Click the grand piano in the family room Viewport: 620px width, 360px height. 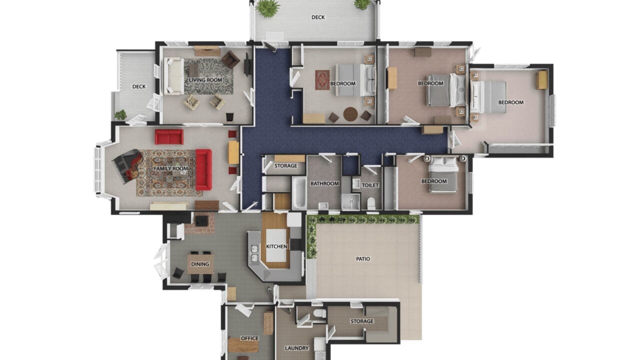pos(128,165)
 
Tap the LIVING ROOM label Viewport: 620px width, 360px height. pos(205,80)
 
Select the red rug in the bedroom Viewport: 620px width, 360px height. pos(322,80)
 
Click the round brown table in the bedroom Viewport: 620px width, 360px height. pos(350,114)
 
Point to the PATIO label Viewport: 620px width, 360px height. pos(363,259)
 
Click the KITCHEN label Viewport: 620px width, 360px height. pos(276,246)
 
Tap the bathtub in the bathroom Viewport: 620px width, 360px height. pos(299,192)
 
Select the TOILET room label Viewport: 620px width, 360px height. pos(370,185)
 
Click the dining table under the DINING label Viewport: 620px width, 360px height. pos(200,264)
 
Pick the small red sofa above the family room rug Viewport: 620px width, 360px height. pos(169,136)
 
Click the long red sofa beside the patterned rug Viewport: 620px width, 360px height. pos(203,169)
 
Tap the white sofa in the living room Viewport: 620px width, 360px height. pos(173,76)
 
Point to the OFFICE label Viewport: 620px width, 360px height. pos(249,338)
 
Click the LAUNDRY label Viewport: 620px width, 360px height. pos(296,348)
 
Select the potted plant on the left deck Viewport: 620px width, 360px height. pos(120,114)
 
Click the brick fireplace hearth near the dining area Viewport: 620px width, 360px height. pos(200,223)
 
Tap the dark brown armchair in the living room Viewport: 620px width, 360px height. pos(230,59)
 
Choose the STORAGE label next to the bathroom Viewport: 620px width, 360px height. pos(285,165)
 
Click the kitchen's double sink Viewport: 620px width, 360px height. pos(254,253)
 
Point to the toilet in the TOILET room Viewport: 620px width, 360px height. pos(371,203)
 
